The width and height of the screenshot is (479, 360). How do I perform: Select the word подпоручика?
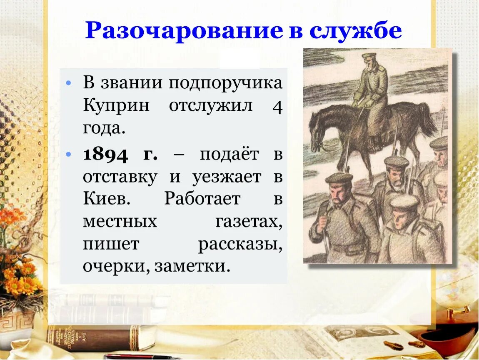click(x=225, y=83)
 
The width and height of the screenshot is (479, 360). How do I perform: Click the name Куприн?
click(x=116, y=106)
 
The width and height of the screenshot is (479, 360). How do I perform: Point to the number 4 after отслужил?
click(x=278, y=107)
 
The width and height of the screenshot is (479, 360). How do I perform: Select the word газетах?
click(x=249, y=221)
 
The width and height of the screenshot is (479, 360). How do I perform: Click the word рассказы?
click(x=240, y=244)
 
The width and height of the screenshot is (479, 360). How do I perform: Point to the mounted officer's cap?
click(x=369, y=56)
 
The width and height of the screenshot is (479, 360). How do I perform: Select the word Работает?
click(x=202, y=199)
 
